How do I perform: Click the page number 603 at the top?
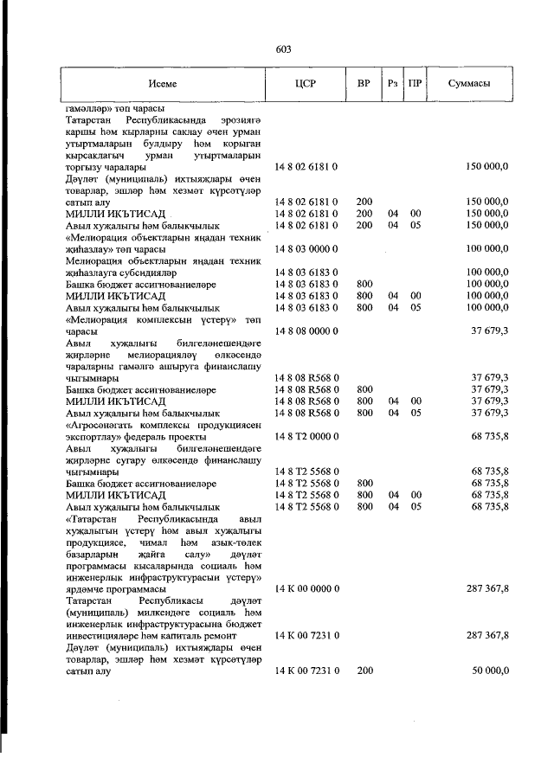tap(283, 49)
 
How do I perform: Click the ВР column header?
tap(364, 84)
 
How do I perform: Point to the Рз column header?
tap(393, 84)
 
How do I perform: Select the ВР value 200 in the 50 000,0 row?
tap(364, 671)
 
